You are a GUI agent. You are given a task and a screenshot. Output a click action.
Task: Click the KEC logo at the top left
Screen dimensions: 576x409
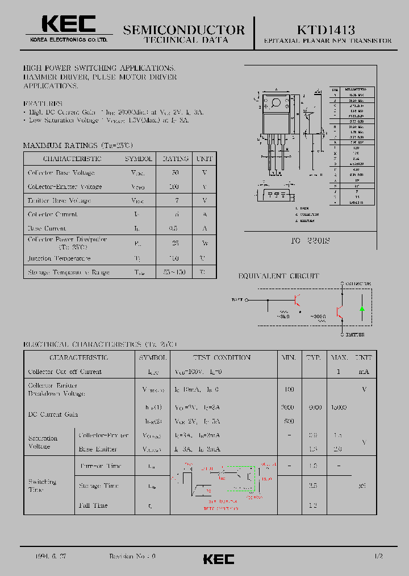(x=69, y=24)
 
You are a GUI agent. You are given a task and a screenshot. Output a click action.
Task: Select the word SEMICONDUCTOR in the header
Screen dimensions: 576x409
(x=184, y=30)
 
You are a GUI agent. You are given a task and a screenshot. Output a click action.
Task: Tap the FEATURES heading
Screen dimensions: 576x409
(x=43, y=104)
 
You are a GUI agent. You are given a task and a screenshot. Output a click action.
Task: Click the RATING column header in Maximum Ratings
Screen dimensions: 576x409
(x=175, y=159)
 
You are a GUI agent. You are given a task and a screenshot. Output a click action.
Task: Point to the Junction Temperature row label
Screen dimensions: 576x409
(x=59, y=258)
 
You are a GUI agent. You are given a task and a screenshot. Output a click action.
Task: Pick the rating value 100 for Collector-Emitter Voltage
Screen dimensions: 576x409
(x=174, y=187)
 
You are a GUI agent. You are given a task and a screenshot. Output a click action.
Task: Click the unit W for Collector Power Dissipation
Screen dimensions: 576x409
(x=204, y=243)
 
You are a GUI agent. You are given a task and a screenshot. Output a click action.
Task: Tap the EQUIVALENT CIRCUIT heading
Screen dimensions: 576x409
(x=278, y=276)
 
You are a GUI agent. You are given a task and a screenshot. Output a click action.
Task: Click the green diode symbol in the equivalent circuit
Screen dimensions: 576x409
(x=362, y=309)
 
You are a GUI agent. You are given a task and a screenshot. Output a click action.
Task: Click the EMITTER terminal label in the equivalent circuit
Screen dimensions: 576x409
(x=355, y=335)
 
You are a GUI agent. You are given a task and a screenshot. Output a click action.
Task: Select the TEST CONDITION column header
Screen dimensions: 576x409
(x=222, y=357)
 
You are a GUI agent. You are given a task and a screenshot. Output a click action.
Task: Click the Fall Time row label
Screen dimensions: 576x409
(x=93, y=505)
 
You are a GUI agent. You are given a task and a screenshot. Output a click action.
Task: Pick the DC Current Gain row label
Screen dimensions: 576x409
(x=53, y=414)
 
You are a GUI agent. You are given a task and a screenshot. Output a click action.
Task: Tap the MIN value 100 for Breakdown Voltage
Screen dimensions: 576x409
(x=289, y=389)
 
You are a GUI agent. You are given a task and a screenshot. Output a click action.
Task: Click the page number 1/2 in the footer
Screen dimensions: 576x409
(x=379, y=556)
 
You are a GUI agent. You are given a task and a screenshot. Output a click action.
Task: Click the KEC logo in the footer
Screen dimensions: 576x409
(x=219, y=559)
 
